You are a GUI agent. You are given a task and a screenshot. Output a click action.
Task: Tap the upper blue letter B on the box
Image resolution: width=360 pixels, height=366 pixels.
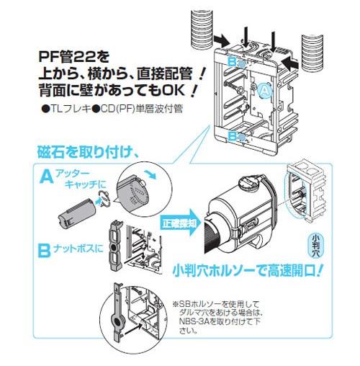[233, 62]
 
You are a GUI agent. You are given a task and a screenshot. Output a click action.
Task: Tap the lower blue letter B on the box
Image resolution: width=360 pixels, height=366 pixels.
[233, 136]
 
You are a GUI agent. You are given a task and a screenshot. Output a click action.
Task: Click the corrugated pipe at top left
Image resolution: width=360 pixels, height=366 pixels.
[202, 29]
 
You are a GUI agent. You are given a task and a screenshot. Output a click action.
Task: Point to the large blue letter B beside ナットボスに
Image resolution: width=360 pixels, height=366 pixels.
[44, 251]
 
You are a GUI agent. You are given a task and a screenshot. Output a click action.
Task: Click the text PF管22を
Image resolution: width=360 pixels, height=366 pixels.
[74, 58]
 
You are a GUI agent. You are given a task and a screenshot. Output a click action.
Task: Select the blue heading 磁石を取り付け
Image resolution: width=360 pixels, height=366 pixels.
[88, 151]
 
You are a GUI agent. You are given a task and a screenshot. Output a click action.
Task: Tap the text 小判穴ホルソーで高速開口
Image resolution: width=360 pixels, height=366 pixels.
[246, 270]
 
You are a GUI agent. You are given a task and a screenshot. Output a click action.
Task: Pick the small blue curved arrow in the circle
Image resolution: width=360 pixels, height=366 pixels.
[151, 174]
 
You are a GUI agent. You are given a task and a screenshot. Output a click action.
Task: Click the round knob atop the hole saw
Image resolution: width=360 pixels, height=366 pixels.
[250, 182]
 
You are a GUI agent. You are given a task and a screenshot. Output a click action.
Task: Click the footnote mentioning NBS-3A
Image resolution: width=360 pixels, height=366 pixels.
[218, 318]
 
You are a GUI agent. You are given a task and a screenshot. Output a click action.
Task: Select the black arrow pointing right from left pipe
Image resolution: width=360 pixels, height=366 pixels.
[222, 40]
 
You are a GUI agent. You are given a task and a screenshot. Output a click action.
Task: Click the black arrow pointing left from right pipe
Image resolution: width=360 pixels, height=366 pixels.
[291, 63]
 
